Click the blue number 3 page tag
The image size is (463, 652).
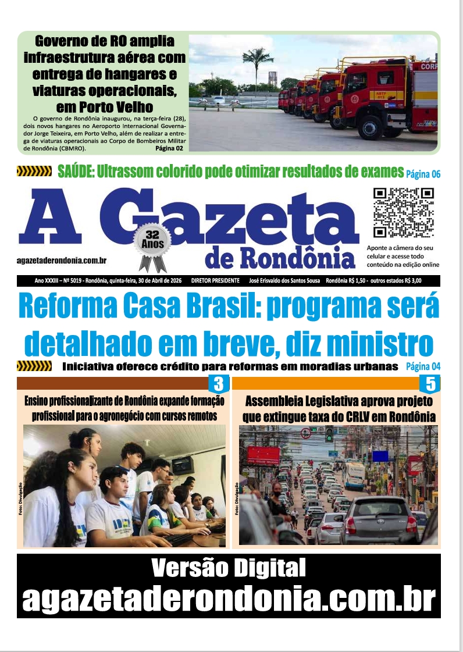[218, 384]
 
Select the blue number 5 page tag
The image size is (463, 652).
[430, 384]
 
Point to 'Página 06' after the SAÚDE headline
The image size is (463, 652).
[423, 173]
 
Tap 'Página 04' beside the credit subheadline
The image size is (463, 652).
[423, 366]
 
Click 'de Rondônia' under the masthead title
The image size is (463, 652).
[280, 258]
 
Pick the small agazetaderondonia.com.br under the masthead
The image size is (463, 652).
[65, 262]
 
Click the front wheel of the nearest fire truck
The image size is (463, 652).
[370, 127]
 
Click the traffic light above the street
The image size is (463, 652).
[329, 434]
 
